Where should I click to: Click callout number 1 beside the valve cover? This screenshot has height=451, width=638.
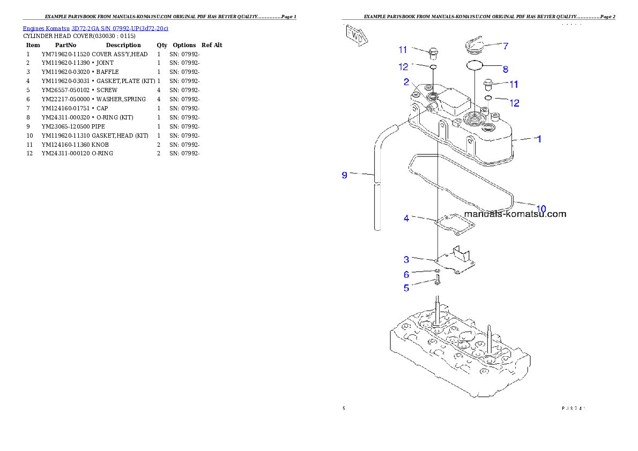point(539,139)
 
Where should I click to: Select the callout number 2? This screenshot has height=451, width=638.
point(406,82)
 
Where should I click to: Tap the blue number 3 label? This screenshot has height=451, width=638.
point(406,260)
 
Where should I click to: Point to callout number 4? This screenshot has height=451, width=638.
point(406,219)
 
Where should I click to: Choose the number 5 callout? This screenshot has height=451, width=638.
point(406,288)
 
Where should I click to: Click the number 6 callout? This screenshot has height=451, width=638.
point(406,275)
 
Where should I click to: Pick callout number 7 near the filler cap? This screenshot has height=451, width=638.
point(505,46)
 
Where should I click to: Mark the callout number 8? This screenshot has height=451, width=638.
point(505,69)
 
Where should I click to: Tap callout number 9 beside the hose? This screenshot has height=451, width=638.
point(345,175)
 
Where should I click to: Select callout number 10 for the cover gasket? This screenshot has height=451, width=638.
point(541,208)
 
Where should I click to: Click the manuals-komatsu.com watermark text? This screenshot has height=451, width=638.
point(515,214)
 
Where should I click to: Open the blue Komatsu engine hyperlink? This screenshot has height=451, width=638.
point(95,28)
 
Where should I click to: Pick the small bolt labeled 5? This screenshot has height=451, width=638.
point(438,281)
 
